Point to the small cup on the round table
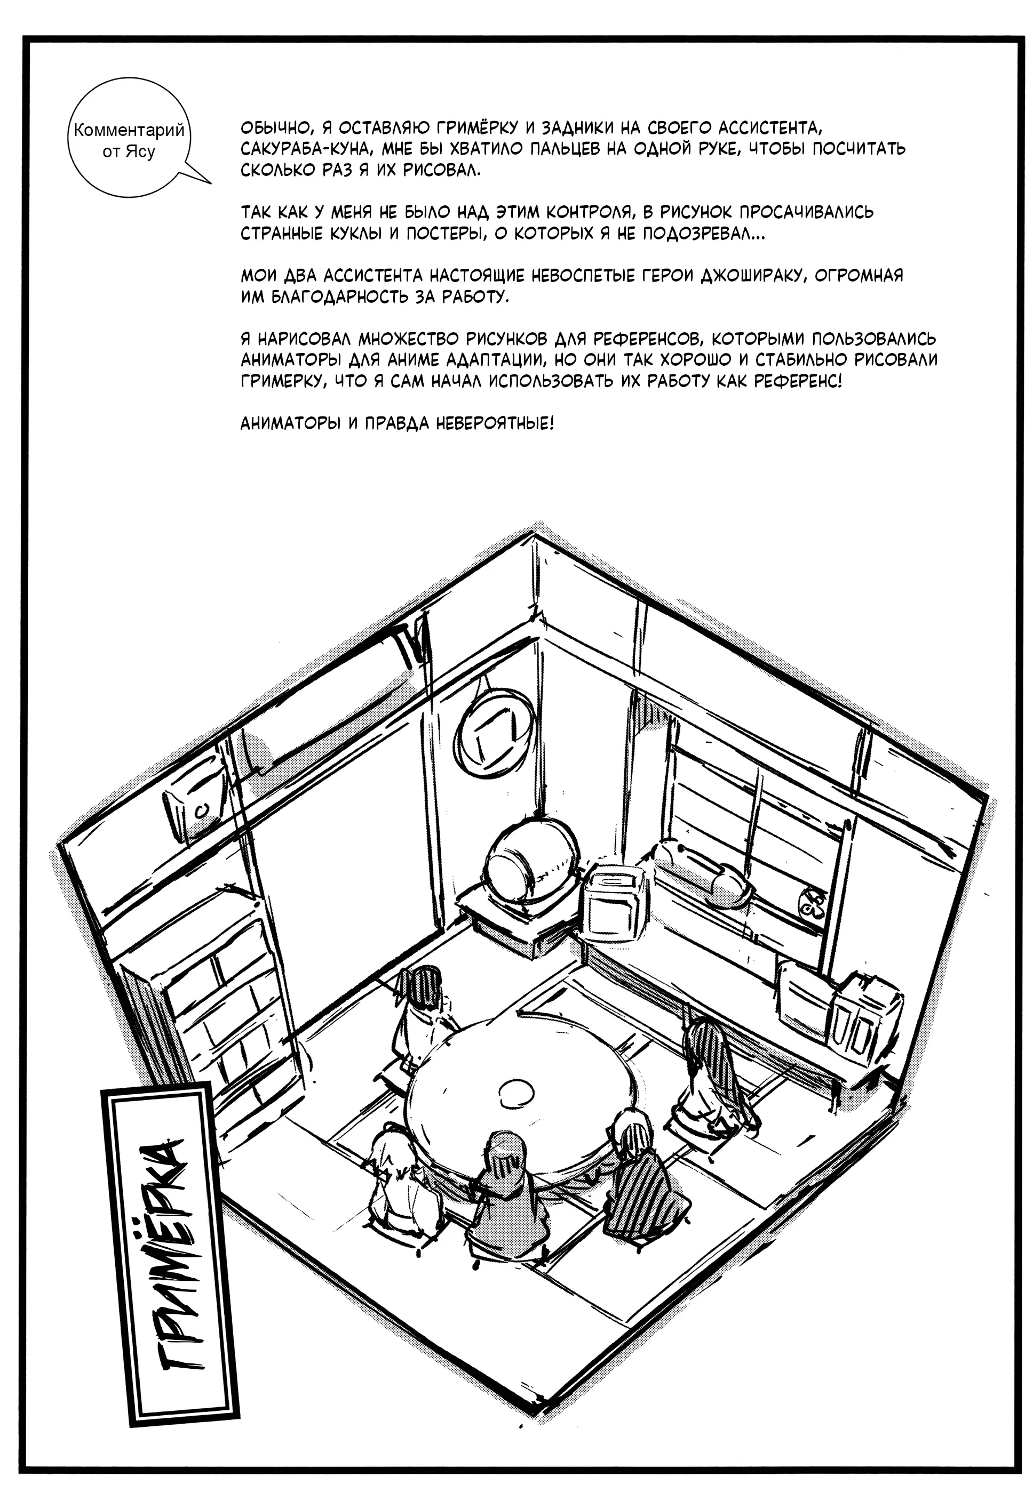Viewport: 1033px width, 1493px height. click(516, 1092)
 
